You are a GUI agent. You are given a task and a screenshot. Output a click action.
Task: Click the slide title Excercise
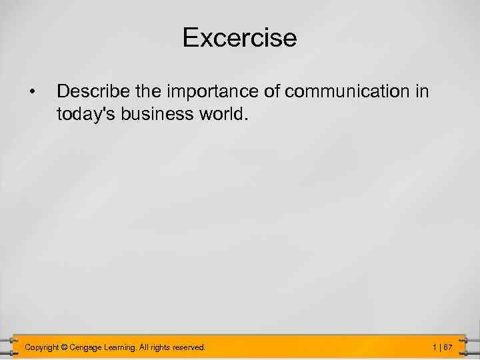coord(239,38)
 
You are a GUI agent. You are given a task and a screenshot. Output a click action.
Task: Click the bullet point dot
coord(31,91)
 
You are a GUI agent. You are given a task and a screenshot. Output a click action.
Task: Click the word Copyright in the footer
coord(41,347)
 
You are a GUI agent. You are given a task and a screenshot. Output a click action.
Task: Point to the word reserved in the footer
coord(189,347)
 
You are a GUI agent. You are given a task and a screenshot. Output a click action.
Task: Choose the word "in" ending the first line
coord(422,91)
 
